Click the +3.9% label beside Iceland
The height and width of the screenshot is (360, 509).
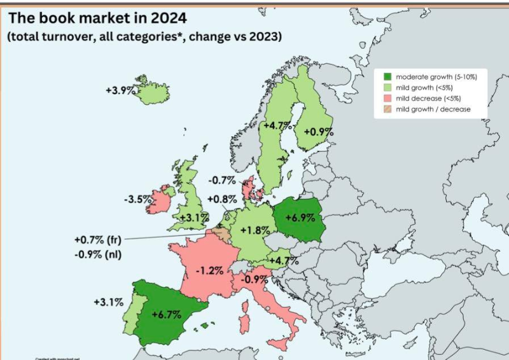tap(121, 90)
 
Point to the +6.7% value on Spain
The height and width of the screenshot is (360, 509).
tap(167, 314)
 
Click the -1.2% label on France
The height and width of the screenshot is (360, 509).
tap(209, 270)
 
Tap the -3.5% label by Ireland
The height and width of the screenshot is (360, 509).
tap(138, 199)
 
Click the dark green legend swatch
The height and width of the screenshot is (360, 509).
tap(386, 76)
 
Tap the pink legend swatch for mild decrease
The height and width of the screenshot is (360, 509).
tap(386, 98)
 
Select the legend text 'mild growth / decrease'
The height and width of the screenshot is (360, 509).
tap(433, 109)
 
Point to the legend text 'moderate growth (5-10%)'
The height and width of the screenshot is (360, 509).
tap(436, 76)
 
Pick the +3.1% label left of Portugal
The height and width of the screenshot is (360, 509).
tap(108, 302)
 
